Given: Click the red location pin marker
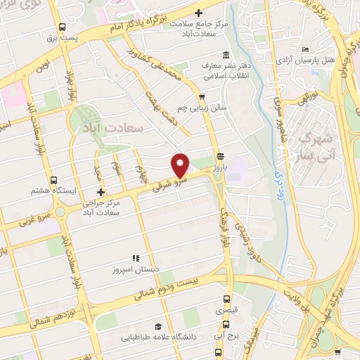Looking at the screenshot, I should pos(181,165).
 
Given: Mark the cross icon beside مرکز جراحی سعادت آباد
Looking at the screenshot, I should pos(101,192).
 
